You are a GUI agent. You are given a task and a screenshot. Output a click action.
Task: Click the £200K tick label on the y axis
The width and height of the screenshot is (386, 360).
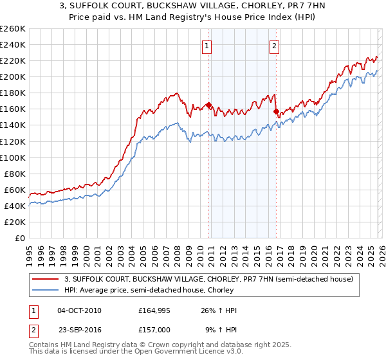point(13,76)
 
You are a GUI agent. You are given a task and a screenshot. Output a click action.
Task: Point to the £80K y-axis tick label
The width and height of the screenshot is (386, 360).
point(15,174)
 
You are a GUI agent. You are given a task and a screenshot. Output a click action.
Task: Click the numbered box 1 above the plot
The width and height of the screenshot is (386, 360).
point(207,45)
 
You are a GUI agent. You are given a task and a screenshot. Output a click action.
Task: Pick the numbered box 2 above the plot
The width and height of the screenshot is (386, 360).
point(274,45)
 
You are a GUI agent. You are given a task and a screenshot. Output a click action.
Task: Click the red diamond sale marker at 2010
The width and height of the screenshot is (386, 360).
point(209,105)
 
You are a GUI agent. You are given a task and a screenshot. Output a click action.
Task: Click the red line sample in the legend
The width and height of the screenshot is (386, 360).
point(46,280)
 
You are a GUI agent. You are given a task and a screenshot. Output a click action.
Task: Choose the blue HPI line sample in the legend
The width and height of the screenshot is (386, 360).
point(46,291)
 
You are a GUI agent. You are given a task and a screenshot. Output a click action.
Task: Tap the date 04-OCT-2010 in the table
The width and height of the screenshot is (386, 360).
point(79,310)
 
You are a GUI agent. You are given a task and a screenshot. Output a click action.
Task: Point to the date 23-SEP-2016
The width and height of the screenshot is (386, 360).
point(79,328)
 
